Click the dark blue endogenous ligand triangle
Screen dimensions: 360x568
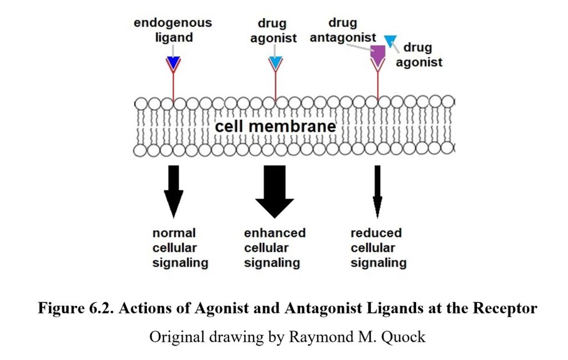click(174, 63)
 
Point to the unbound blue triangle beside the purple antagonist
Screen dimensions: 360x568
click(391, 40)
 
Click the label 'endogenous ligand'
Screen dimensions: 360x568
click(173, 31)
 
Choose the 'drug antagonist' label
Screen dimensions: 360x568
click(343, 31)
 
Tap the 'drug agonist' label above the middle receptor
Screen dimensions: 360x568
click(276, 31)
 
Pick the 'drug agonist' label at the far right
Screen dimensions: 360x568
click(419, 55)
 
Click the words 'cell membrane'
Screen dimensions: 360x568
click(275, 126)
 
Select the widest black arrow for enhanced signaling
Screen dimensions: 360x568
click(275, 191)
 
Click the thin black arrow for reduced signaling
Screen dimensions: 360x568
click(377, 191)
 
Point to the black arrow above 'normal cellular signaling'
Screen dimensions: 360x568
click(174, 191)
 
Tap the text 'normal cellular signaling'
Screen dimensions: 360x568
click(180, 248)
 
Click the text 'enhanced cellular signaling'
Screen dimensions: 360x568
click(275, 248)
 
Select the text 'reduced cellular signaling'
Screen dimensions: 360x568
click(378, 248)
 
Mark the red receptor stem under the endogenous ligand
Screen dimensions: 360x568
click(174, 86)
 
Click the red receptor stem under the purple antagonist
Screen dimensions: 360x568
click(378, 86)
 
